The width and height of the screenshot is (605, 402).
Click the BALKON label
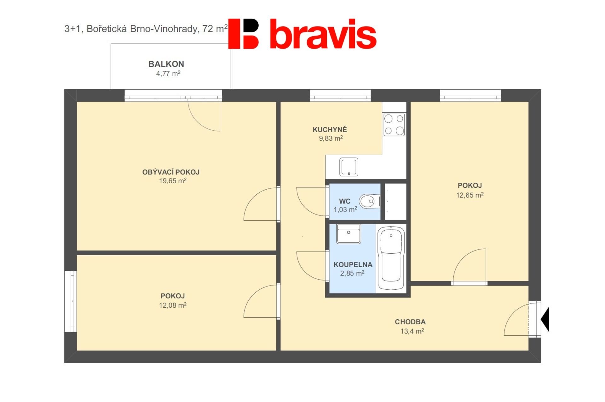tap(166, 64)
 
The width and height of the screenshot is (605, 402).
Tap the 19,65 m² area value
tap(173, 181)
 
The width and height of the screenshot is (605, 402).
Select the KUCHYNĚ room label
tap(330, 129)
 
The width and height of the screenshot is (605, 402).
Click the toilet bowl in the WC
tap(370, 201)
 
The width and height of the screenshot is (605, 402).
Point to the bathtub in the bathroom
tap(391, 258)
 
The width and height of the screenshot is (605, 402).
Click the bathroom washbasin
tap(349, 234)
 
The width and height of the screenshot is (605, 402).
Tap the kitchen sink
tap(349, 167)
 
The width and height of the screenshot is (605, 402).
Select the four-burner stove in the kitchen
tap(394, 125)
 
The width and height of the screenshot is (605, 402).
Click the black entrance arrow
tap(545, 319)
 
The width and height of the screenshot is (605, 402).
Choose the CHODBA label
tap(410, 322)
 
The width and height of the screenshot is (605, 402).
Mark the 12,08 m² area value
tap(173, 305)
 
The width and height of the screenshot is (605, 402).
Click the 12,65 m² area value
tap(470, 195)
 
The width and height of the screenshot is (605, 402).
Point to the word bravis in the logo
tap(323, 34)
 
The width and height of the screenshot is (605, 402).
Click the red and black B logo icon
tap(243, 34)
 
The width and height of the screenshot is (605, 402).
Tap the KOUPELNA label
tap(353, 265)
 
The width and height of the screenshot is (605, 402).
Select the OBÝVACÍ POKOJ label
tap(171, 172)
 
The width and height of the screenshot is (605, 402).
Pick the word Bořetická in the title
tap(107, 29)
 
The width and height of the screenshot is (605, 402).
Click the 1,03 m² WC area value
tap(345, 210)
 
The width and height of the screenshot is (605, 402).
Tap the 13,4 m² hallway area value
tap(412, 331)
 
